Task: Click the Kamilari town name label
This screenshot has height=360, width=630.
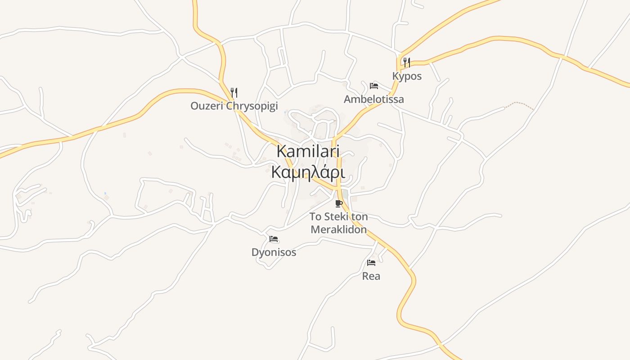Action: [308, 151]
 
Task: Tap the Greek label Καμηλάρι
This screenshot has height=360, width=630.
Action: [308, 173]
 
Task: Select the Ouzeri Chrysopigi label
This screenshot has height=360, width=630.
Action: [234, 106]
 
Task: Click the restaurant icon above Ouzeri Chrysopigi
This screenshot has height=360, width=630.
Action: [234, 93]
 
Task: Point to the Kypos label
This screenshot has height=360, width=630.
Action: [407, 76]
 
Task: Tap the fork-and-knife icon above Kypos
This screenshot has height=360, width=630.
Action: [407, 63]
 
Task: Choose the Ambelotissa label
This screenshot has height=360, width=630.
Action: [373, 99]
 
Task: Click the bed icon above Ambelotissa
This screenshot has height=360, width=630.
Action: [373, 85]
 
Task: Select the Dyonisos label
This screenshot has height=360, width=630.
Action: [274, 252]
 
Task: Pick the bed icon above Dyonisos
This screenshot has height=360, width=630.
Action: [274, 239]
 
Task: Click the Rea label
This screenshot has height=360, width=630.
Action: [371, 276]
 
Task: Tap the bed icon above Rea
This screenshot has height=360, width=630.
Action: [371, 263]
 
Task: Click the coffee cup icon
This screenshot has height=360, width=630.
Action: [339, 204]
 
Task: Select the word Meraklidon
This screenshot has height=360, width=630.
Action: [339, 229]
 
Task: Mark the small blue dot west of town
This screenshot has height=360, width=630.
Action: [105, 193]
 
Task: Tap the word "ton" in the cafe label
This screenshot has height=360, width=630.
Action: [360, 217]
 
